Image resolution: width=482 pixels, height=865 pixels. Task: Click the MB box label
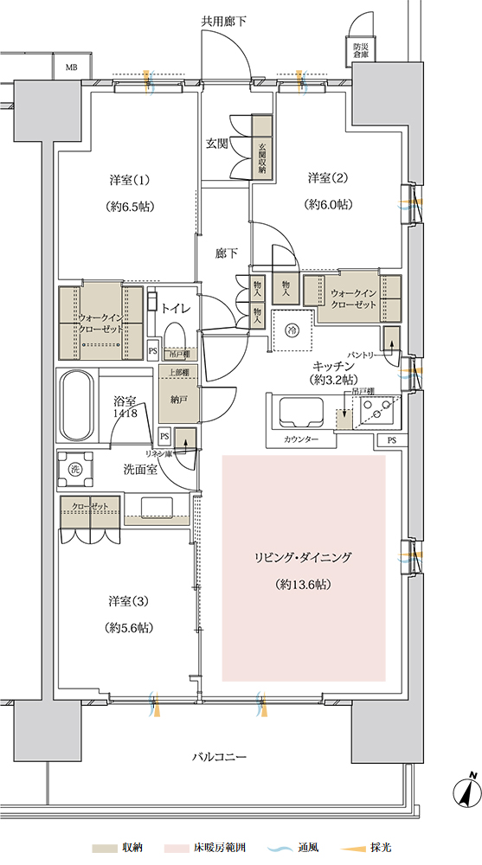[x=71, y=67]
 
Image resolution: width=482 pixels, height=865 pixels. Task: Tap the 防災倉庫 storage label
[x=361, y=51]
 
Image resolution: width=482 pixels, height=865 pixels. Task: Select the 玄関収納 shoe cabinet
[x=262, y=145]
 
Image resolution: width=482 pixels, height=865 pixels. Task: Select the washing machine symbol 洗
[x=75, y=469]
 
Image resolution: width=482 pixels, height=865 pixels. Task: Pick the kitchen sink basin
[x=303, y=413]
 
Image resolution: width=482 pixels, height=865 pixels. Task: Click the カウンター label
[x=301, y=439]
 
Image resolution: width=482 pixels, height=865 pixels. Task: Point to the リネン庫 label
[x=158, y=452]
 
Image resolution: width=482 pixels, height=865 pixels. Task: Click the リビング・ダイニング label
[x=303, y=557]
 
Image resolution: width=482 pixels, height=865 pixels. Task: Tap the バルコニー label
[x=219, y=756]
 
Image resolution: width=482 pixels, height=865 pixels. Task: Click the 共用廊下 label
[x=223, y=22]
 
